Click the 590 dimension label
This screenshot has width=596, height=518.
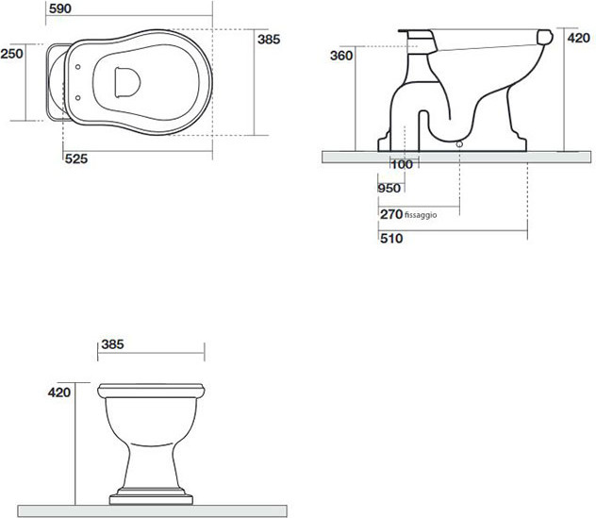tap(60, 8)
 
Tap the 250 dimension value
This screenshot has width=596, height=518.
tap(11, 54)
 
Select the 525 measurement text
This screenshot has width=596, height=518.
tap(76, 159)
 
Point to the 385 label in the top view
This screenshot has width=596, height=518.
tap(269, 40)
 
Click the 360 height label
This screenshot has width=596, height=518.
tap(341, 56)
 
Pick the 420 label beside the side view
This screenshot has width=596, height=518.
tap(578, 38)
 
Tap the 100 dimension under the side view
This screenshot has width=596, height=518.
tap(402, 164)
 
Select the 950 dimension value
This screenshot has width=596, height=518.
tap(389, 188)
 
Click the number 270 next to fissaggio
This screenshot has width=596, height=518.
tap(391, 214)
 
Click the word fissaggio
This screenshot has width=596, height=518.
tap(421, 215)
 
